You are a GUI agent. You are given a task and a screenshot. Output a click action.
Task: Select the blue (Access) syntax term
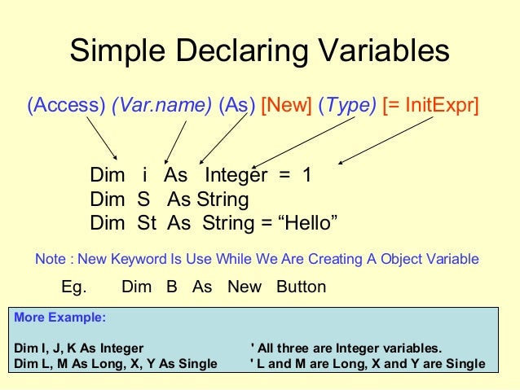pos(66,106)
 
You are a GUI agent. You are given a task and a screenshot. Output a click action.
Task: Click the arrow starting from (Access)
pos(102,138)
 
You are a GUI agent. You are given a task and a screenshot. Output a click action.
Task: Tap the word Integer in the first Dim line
pos(236,176)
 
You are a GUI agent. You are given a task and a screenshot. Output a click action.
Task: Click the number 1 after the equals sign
pos(306,176)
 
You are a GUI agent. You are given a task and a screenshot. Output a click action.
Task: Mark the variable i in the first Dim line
pos(144,176)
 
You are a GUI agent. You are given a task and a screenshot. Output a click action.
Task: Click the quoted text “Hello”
pos(309,223)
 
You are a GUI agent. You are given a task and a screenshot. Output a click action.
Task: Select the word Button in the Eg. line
pos(301,287)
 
